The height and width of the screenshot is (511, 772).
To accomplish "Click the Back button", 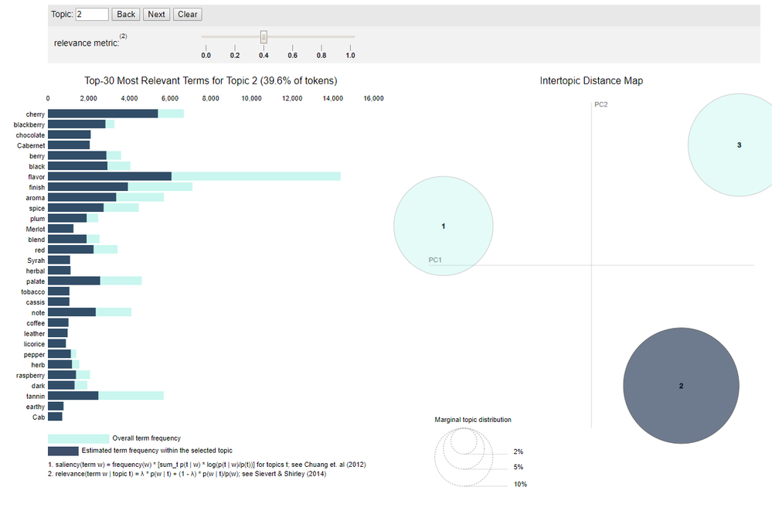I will (x=126, y=14).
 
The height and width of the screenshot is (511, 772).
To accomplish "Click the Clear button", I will (x=188, y=14).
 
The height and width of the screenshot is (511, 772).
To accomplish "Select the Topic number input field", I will (x=92, y=14).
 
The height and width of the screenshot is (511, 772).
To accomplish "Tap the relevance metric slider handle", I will (x=264, y=36).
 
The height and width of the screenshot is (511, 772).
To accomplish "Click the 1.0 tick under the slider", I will (x=350, y=56).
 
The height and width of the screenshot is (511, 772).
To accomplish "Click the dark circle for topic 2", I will (x=681, y=386).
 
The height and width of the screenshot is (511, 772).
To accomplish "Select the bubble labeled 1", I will (x=443, y=227).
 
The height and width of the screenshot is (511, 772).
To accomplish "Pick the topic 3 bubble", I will (x=738, y=145).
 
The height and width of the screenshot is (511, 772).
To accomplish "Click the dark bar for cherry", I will (x=103, y=114).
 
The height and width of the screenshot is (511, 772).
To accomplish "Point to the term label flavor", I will (x=36, y=176).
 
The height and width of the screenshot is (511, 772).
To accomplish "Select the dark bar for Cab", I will (x=55, y=417).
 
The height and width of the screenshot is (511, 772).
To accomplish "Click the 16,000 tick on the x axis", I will (x=373, y=98).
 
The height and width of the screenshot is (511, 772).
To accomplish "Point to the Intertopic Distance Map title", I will (x=591, y=80).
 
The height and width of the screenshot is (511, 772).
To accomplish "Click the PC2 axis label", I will (x=601, y=104).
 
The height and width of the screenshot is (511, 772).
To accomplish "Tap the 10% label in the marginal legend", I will (x=520, y=484).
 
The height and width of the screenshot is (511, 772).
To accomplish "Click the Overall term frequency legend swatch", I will (x=78, y=438).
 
